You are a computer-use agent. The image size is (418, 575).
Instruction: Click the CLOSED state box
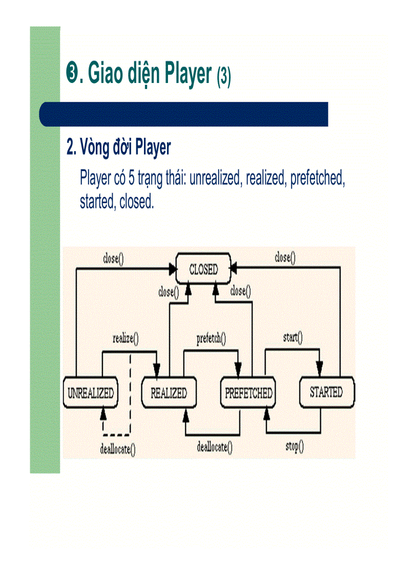tap(203, 269)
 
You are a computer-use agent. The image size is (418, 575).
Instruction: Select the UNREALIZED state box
tap(91, 393)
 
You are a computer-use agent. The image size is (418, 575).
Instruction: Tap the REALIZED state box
tap(169, 393)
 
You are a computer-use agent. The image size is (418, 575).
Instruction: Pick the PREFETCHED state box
tap(248, 393)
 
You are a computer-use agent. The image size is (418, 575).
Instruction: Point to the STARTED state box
tap(326, 392)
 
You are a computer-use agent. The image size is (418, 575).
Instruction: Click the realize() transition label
tap(126, 338)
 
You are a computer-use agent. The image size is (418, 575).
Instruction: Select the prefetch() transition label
tap(212, 338)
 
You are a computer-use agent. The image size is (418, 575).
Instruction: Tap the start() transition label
tap(292, 337)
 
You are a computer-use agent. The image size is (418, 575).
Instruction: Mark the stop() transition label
tap(294, 446)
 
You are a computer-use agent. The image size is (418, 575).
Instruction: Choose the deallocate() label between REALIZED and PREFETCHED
tap(215, 447)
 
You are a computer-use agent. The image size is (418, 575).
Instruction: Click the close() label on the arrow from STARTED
tap(285, 258)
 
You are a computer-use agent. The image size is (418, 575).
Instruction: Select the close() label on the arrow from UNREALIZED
tap(113, 259)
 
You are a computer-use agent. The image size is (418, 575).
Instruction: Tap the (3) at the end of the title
tap(224, 77)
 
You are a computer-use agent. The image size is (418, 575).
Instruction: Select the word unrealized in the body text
tap(216, 179)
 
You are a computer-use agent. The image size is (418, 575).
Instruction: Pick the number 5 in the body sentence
tap(131, 179)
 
